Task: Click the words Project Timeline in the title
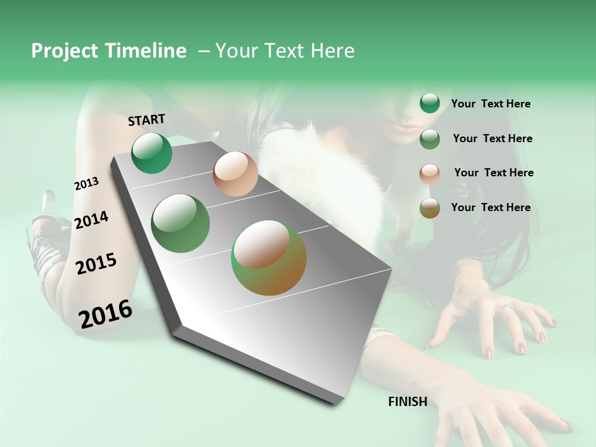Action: click(x=109, y=51)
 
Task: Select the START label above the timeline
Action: click(x=147, y=120)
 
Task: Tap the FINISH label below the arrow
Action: click(x=407, y=402)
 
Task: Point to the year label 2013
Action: click(x=86, y=184)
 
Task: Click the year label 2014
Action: click(x=91, y=220)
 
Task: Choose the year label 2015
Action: click(x=96, y=264)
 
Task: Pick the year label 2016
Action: click(x=106, y=314)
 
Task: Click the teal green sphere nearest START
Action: click(x=151, y=153)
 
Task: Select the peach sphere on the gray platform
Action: click(x=235, y=174)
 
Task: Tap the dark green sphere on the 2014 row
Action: click(x=180, y=223)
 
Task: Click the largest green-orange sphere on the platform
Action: click(x=269, y=258)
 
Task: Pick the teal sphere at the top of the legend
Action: click(x=430, y=104)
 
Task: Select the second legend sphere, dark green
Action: click(x=430, y=139)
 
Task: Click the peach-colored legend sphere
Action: click(x=430, y=174)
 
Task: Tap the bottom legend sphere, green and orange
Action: click(x=430, y=209)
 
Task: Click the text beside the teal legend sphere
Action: click(x=490, y=104)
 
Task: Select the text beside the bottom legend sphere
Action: click(x=490, y=207)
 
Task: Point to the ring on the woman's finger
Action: click(x=504, y=307)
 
